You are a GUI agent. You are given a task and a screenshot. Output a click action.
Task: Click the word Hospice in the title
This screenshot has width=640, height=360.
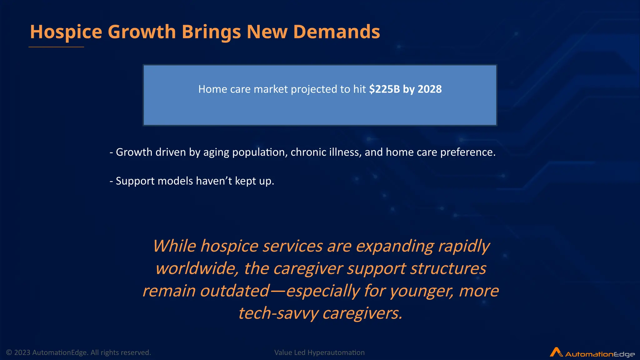66,32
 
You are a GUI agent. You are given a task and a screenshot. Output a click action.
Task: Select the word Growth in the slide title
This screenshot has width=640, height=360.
142,32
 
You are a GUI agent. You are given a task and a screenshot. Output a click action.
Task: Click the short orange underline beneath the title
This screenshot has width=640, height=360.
56,47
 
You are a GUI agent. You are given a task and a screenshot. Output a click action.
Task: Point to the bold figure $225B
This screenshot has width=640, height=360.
384,89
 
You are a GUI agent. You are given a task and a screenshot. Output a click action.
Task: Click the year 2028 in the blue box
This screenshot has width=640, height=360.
430,89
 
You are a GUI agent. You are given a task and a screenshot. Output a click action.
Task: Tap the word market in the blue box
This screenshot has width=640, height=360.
271,89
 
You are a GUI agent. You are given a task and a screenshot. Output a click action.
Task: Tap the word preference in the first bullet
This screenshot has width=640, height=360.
467,152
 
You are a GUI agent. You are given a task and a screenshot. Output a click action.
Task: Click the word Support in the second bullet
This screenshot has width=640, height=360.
135,181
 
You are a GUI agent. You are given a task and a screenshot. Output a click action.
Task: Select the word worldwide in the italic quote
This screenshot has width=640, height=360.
197,268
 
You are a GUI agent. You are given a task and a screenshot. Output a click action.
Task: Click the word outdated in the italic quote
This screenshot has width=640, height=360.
235,291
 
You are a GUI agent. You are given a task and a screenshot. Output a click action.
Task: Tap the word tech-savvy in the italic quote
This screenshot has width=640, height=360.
278,313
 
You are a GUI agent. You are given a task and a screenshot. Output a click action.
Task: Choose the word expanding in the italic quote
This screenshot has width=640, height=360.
395,246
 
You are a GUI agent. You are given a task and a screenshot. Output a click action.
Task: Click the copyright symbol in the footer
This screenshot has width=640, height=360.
9,352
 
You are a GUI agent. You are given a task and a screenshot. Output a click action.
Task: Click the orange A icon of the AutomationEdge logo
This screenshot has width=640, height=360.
556,352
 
